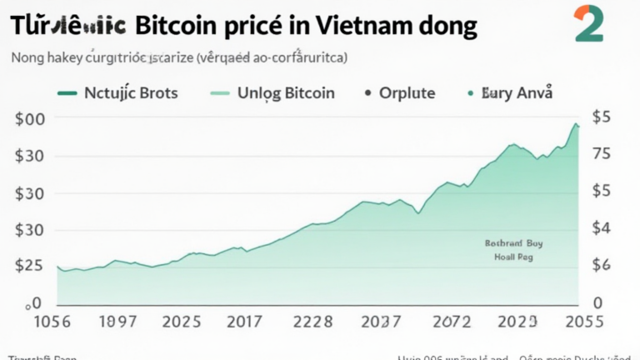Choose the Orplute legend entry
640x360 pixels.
[x=407, y=92]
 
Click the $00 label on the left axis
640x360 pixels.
[x=30, y=119]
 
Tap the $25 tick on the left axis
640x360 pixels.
[x=30, y=267]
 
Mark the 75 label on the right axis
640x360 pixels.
[x=602, y=155]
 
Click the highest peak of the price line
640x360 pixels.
[x=574, y=123]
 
